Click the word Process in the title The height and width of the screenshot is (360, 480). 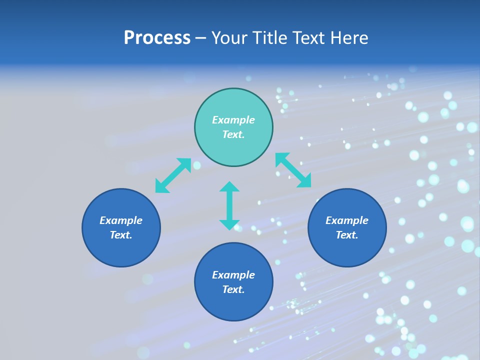click(157, 38)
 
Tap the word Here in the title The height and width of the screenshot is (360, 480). click(348, 38)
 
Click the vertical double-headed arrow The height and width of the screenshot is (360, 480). click(229, 206)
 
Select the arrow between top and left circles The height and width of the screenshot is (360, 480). click(173, 175)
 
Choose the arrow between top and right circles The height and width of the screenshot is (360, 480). click(293, 170)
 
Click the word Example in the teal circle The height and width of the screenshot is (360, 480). click(233, 120)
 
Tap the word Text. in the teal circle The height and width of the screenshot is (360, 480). click(233, 134)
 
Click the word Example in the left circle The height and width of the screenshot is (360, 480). click(121, 220)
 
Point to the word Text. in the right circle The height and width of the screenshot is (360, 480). click(347, 235)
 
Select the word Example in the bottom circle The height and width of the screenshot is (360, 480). click(233, 275)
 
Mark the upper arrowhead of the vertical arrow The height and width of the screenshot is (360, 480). click(229, 187)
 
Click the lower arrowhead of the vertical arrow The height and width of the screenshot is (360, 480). click(229, 224)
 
